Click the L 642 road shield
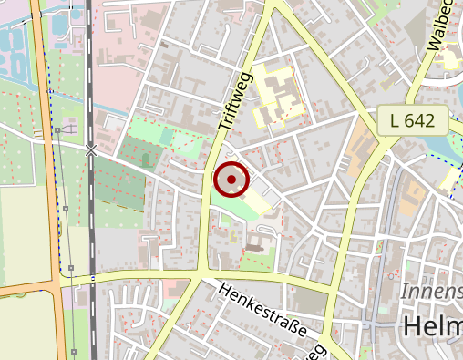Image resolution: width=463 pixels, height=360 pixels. click(x=414, y=119)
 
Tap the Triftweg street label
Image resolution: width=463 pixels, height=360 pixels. click(x=233, y=101)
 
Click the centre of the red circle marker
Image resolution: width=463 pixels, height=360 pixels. click(x=231, y=180)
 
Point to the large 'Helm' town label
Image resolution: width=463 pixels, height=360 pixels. click(x=432, y=329)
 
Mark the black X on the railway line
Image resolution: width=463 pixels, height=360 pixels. click(x=91, y=150)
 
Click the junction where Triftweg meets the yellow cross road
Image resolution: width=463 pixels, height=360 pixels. click(x=201, y=273)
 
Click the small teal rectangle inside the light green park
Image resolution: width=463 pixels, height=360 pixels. click(x=166, y=137)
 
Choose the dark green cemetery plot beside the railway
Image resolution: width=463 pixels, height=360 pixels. click(x=123, y=187)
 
